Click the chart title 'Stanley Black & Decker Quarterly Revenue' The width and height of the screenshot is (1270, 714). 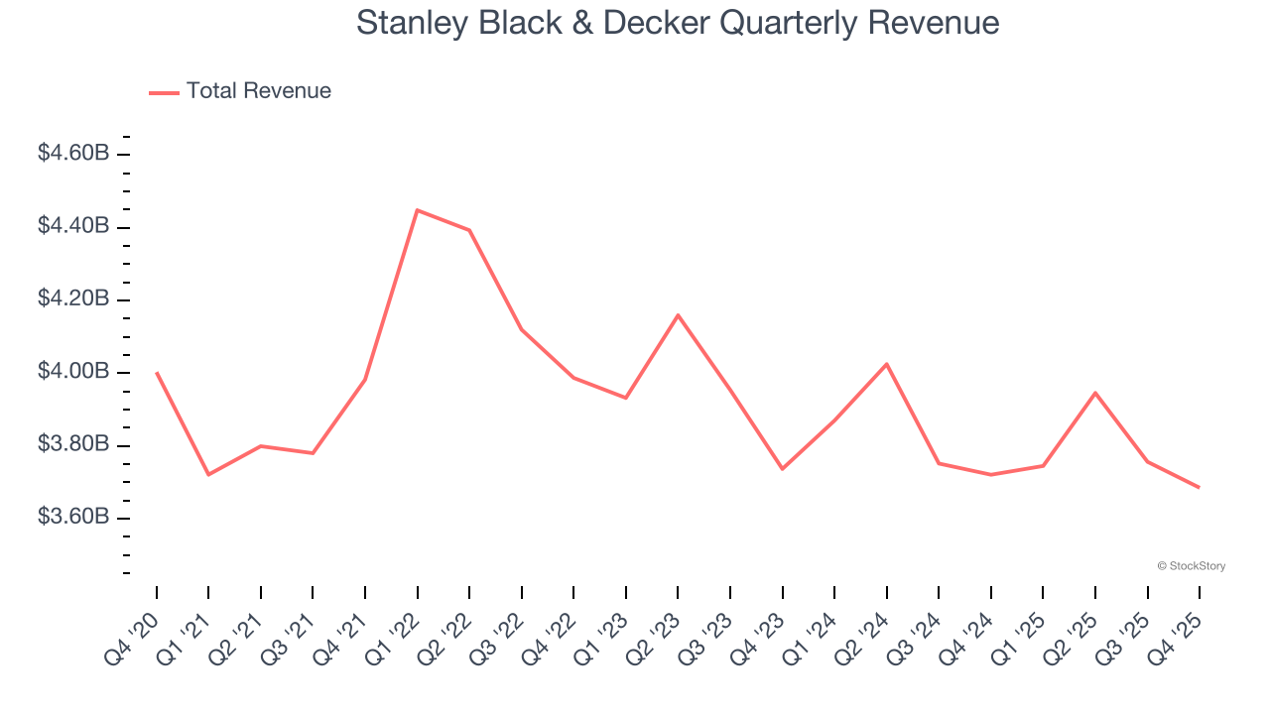pos(678,23)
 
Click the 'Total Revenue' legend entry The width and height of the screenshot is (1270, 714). pos(258,91)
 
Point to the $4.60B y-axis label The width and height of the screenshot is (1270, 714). pos(73,154)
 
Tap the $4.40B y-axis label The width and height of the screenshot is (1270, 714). pos(73,226)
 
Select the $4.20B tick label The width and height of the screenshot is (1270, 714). pos(73,299)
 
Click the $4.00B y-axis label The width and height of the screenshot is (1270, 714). pos(73,372)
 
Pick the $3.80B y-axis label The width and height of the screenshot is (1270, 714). pos(73,444)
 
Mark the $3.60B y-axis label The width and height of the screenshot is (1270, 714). pos(73,518)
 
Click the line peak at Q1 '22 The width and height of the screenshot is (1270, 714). pos(417,210)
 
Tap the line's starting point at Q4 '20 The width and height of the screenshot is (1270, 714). pos(157,373)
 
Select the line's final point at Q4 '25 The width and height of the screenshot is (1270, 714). pos(1199,487)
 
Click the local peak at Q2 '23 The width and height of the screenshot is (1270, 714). pos(678,315)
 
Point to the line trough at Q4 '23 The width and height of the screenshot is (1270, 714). pos(782,469)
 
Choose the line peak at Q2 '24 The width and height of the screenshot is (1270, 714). pos(886,364)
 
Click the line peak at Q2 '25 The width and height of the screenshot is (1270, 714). pos(1094,393)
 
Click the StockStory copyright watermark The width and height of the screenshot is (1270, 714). pos(1191,566)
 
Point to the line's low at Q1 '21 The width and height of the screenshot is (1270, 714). pos(208,474)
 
